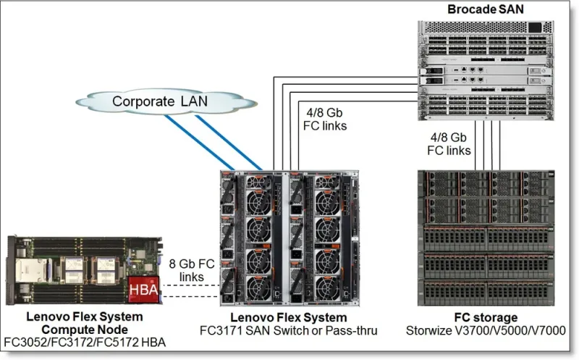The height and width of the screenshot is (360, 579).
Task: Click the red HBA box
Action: pos(143,290)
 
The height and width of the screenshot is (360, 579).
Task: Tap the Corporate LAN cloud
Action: pos(166,101)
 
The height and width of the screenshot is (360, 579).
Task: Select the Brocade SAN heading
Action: pos(486,9)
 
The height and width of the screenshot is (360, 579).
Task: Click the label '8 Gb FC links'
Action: pos(192,270)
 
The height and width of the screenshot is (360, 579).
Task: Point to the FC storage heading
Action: pos(486,317)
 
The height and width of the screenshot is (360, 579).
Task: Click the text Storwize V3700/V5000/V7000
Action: pos(486,330)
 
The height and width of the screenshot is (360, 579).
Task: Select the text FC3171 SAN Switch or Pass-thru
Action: pos(288,330)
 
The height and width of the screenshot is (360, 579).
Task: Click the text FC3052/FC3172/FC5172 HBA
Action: pos(85,343)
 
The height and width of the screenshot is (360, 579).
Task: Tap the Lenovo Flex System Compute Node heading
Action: pos(85,323)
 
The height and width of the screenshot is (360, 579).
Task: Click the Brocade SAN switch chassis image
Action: pos(486,70)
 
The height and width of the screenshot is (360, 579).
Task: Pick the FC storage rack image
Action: pos(486,238)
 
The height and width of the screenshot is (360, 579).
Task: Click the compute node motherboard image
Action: pos(85,270)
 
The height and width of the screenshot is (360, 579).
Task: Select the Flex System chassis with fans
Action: pos(289,238)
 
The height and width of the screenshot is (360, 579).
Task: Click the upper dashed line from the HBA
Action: pos(191,285)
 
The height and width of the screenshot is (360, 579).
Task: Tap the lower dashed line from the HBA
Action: pos(190,296)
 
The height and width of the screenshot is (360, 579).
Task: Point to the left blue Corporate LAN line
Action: pos(200,143)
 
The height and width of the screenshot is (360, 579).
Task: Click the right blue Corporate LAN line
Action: pos(229,143)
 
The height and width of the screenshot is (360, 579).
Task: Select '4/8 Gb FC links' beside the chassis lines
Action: pos(325,119)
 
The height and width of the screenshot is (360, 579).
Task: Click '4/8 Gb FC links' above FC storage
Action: pos(449,143)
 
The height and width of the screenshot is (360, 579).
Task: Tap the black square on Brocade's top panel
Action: pos(535,28)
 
